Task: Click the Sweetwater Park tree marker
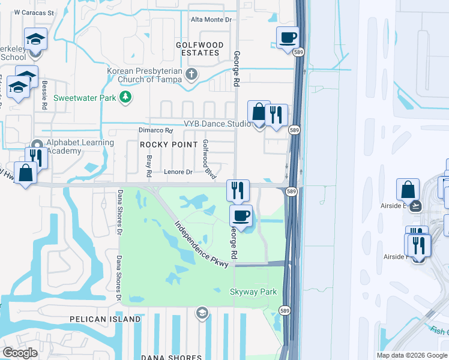pos(125,97)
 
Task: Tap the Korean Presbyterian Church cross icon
pos(191,75)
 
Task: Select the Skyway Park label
pos(253,292)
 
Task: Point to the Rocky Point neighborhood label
pos(169,145)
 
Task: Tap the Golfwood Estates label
pos(200,49)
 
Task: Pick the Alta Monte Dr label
pos(211,20)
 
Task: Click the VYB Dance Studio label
pos(217,124)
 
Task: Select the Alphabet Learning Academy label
pos(80,146)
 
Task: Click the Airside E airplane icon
pos(417,205)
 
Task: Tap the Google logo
pos(20,353)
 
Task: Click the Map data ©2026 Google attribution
pos(411,355)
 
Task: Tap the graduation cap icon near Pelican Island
pos(202,312)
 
